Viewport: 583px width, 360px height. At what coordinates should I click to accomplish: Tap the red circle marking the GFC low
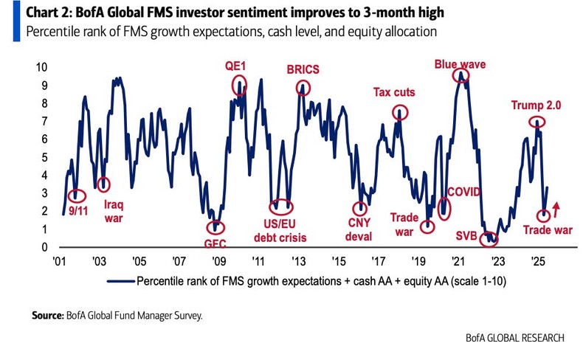pyautogui.click(x=216, y=227)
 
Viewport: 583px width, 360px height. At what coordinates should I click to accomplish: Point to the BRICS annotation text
pyautogui.click(x=305, y=69)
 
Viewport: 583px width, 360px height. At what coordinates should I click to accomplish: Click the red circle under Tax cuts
pyautogui.click(x=399, y=113)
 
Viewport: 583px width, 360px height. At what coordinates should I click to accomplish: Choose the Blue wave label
pyautogui.click(x=460, y=64)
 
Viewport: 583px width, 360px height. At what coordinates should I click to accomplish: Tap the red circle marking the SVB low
pyautogui.click(x=488, y=239)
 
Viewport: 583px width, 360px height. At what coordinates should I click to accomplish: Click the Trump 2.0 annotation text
pyautogui.click(x=537, y=105)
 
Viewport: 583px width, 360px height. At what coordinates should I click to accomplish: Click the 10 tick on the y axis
pyautogui.click(x=41, y=67)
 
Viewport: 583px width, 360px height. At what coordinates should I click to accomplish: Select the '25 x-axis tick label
pyautogui.click(x=538, y=261)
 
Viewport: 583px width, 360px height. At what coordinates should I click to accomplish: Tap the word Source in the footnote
pyautogui.click(x=47, y=315)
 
